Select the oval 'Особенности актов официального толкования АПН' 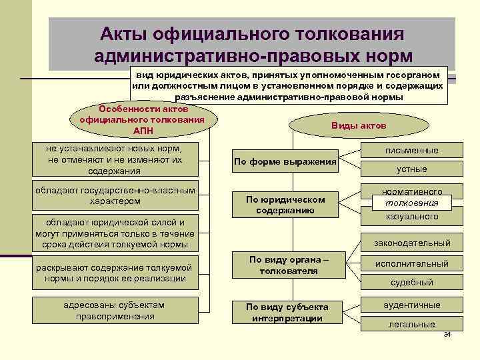point(143,119)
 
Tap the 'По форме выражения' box point(285,161)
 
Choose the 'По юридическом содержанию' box point(285,205)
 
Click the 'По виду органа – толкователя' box point(288,265)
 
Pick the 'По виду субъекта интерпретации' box point(287,312)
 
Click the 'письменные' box point(412,151)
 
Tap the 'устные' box point(412,169)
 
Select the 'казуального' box point(412,217)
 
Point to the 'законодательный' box point(412,243)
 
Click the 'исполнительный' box point(412,264)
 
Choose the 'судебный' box point(412,282)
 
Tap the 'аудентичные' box point(412,305)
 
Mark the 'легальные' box point(412,324)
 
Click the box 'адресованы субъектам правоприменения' point(114,311)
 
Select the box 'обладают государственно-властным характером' point(115,195)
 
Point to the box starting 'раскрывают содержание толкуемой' point(115,273)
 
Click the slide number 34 point(447,334)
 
